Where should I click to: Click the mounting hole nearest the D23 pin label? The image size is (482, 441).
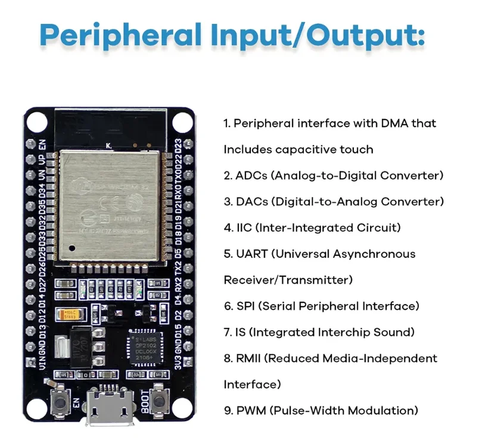tap(179, 121)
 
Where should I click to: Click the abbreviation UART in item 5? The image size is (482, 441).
tap(251, 254)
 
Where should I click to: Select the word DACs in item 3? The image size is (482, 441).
tap(252, 202)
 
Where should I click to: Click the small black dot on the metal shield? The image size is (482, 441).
tap(71, 248)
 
